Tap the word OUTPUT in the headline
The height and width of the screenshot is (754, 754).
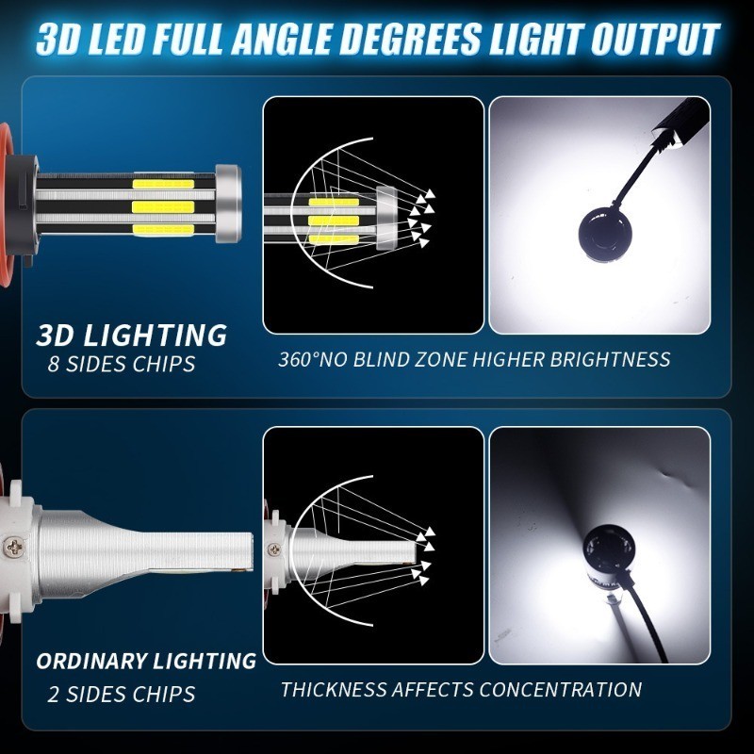(655, 39)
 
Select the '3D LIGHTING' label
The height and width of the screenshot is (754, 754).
(131, 335)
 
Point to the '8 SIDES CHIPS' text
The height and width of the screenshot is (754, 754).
(122, 364)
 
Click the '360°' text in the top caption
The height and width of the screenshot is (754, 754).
(298, 359)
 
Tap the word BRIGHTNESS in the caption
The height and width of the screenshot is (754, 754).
(610, 359)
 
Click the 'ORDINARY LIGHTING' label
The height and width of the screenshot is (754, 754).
(146, 662)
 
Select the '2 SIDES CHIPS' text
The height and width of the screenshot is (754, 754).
(122, 694)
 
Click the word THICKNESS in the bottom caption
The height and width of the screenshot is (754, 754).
(334, 690)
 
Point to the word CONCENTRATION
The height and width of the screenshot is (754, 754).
(560, 690)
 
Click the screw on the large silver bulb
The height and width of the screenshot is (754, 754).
(11, 547)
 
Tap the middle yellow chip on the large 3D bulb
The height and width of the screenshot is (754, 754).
(163, 207)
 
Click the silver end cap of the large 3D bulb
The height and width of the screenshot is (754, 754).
(228, 204)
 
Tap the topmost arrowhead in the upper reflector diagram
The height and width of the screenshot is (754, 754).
(430, 193)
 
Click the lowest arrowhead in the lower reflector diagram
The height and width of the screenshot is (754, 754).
(423, 581)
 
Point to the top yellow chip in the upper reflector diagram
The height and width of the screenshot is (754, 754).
(334, 202)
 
